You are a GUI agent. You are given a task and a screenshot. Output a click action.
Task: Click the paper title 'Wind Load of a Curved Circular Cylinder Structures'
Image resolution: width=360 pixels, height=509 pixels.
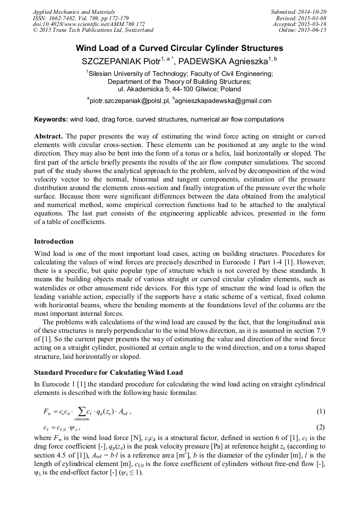tap(179, 48)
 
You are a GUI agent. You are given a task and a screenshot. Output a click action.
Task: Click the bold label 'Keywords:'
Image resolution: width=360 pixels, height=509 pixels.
tap(51, 119)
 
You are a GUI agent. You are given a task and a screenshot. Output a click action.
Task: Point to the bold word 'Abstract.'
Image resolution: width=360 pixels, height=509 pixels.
tap(49, 136)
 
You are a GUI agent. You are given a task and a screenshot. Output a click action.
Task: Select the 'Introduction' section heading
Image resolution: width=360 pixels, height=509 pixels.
tap(54, 241)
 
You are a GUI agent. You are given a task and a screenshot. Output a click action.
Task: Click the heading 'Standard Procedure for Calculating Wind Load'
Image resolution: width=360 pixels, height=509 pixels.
tap(108, 373)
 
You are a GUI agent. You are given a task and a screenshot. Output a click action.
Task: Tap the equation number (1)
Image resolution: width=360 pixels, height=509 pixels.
tap(321, 411)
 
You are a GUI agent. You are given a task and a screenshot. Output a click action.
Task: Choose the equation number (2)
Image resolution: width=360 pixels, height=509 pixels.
tap(321, 427)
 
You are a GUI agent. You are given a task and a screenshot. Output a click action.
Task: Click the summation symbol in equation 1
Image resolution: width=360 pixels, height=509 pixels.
tap(81, 411)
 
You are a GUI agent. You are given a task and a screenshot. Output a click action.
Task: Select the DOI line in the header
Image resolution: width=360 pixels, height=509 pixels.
tap(89, 24)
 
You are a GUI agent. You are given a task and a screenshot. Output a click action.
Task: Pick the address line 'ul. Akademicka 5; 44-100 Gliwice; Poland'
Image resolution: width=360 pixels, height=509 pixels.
tap(179, 89)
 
